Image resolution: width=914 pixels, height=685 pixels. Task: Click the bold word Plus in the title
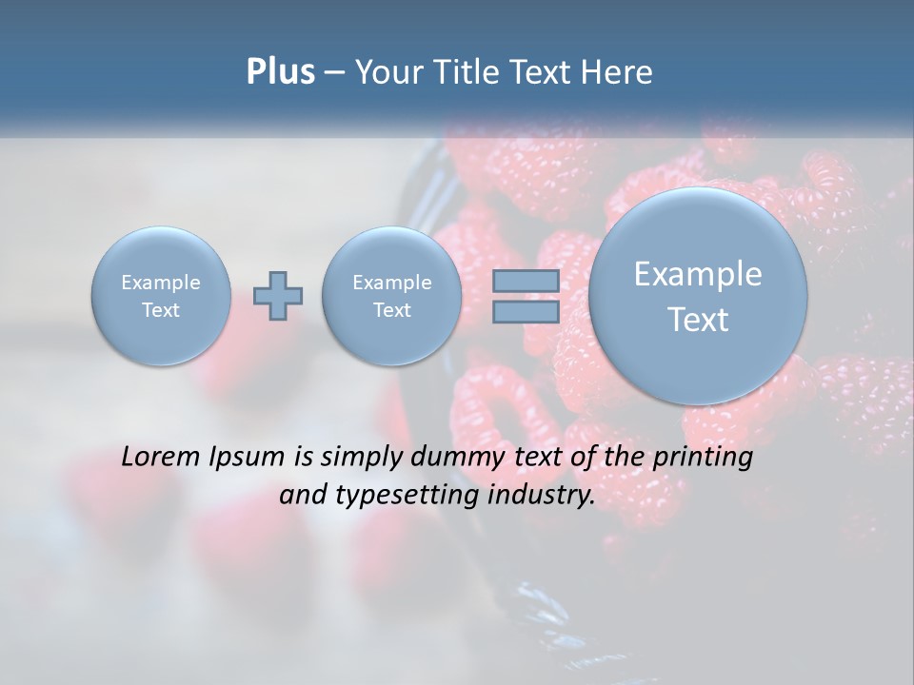coord(280,72)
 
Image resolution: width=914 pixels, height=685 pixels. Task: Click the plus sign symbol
coord(278,296)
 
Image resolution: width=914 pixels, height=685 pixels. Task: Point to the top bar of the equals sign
coord(525,282)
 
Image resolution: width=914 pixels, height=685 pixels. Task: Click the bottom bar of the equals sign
coord(525,312)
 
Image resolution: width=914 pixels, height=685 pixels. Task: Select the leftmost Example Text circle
coord(161,296)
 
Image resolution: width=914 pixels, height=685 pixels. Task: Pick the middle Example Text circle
coord(391,296)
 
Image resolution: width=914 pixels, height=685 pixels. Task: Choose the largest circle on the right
coord(698,296)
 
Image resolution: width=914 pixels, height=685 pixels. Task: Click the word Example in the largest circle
coord(698,274)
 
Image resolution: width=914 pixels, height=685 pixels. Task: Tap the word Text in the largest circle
coord(698,320)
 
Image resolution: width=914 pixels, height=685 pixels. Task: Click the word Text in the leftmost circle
coord(161,310)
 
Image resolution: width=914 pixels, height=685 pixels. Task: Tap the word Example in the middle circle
coord(391,283)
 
